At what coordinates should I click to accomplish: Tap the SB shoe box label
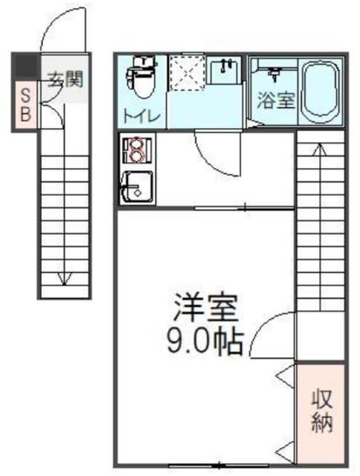[x=25, y=104]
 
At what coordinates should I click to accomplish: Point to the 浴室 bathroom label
[x=275, y=100]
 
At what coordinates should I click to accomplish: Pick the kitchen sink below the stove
[x=137, y=186]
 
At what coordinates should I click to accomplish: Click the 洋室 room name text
[x=206, y=309]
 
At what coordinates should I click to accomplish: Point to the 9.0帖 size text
[x=206, y=342]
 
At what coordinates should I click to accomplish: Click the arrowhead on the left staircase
[x=67, y=280]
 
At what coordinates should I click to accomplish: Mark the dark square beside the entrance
[x=26, y=65]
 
